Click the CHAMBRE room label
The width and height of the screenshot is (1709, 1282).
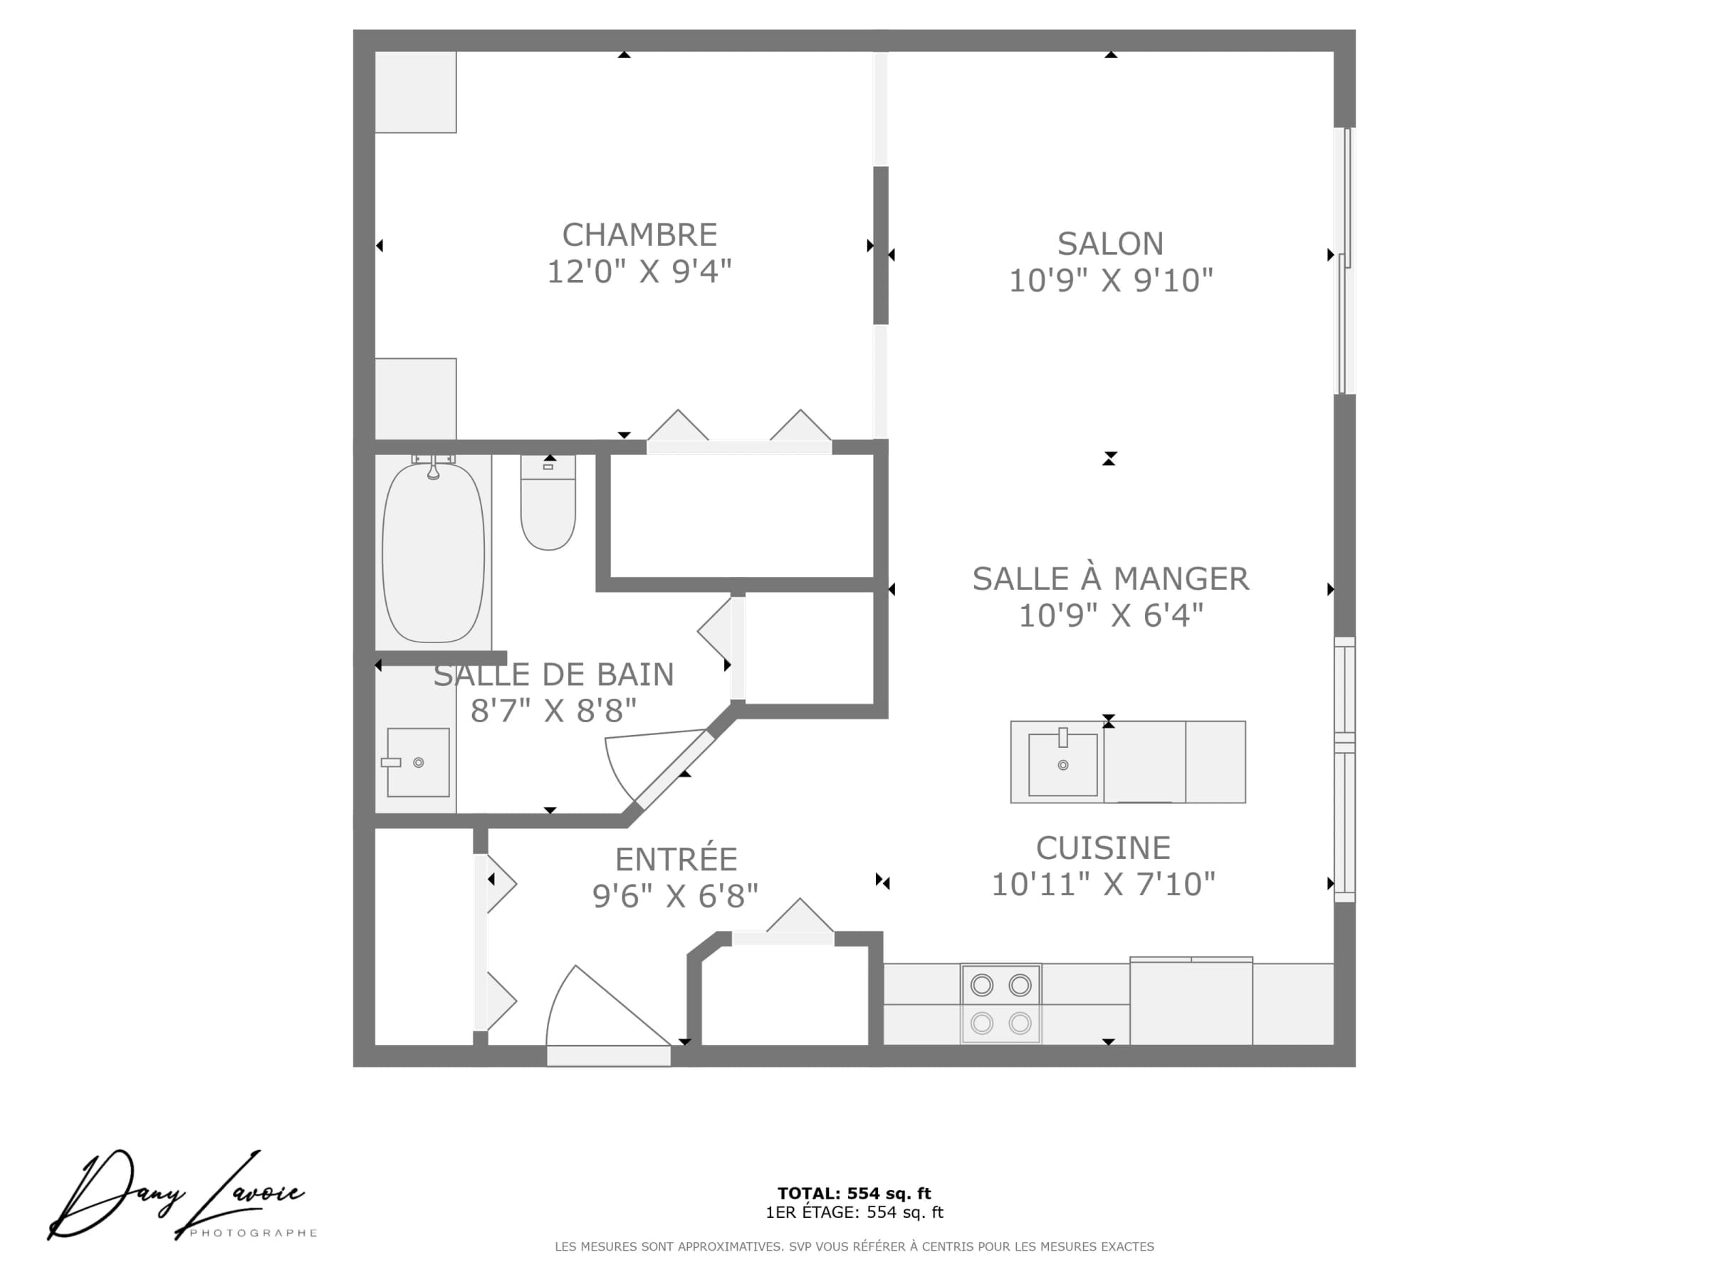[x=639, y=234]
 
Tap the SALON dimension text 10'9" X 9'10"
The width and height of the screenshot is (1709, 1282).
[x=1111, y=280]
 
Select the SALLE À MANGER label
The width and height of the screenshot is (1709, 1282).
[x=1110, y=579]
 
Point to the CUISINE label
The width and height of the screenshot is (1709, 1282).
[x=1103, y=848]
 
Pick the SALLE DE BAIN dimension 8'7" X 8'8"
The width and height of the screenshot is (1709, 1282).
[x=553, y=710]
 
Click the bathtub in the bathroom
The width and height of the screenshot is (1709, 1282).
[x=434, y=552]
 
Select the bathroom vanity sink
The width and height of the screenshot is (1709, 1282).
[x=418, y=762]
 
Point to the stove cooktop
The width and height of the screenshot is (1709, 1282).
[x=1000, y=1004]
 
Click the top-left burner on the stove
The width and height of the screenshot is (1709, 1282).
[x=982, y=985]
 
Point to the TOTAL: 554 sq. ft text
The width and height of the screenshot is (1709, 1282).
[x=854, y=1193]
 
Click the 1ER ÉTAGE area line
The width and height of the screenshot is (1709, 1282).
[x=854, y=1211]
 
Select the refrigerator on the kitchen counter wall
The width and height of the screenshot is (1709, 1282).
[x=1191, y=1001]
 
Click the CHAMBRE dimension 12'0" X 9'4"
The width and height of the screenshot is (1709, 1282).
[x=639, y=271]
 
